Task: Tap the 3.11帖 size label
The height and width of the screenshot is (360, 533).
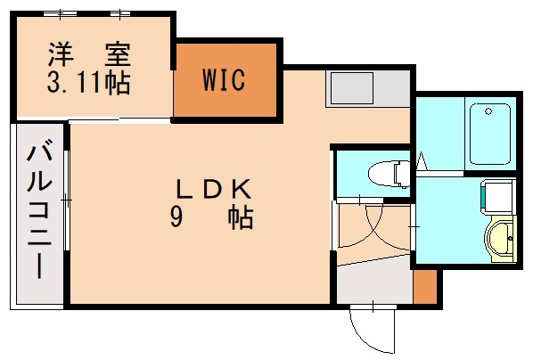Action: click(x=87, y=84)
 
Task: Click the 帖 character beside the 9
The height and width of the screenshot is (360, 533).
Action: click(x=241, y=217)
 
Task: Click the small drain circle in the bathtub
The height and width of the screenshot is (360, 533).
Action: click(x=487, y=111)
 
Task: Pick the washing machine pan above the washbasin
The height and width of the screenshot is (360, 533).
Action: click(x=497, y=198)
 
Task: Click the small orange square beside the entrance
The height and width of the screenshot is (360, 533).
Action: click(x=426, y=286)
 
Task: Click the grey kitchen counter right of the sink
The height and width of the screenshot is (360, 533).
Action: click(x=398, y=89)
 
